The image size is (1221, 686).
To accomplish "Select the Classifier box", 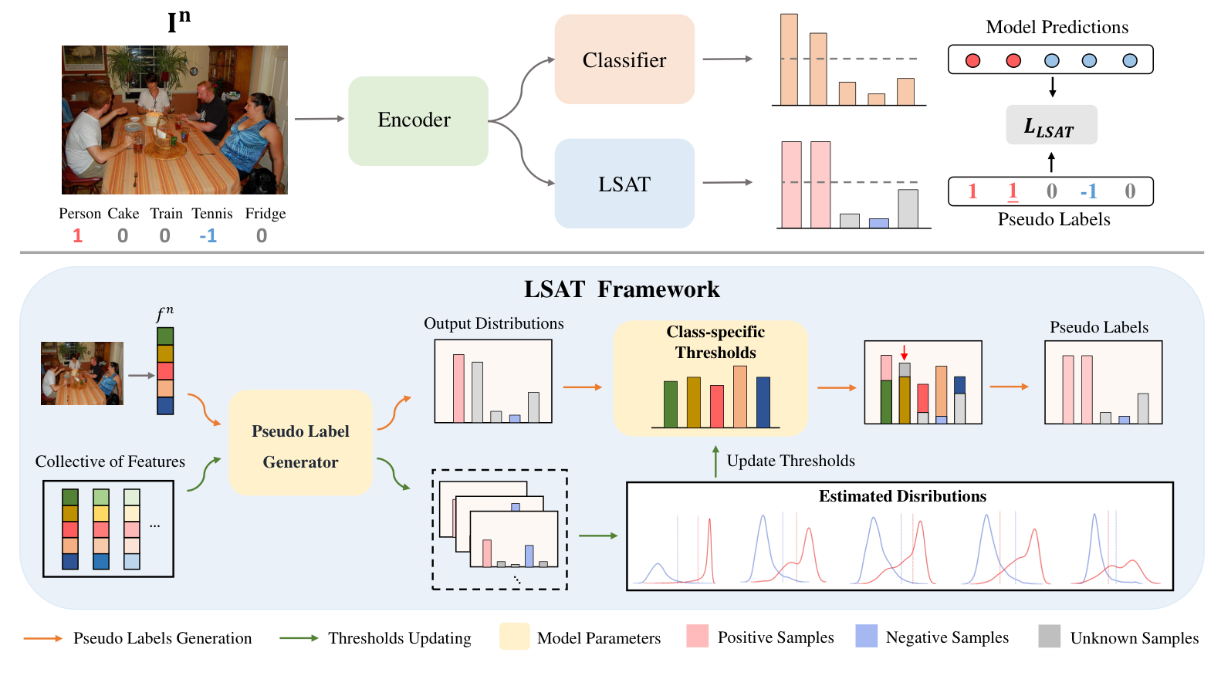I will coord(624,59).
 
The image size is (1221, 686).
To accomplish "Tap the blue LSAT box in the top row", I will coord(624,184).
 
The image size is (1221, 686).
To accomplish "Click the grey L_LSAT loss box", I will coord(1050,125).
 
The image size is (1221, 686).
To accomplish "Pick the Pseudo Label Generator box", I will coord(300,443).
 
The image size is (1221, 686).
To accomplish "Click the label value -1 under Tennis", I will coord(208,235).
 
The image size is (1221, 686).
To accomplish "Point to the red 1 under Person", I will coord(77,235).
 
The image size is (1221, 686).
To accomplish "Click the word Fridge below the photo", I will coord(266,214).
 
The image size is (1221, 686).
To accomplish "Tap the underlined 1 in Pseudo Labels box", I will coord(1013,191).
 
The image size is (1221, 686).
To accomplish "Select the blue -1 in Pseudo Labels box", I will coord(1088,191).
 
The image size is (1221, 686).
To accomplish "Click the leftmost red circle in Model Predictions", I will coord(972,60).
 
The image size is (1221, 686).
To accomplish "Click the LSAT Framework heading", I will coord(621,289).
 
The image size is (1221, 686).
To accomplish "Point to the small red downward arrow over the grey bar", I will coord(905,353).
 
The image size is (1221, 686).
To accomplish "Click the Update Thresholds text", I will coord(790,461).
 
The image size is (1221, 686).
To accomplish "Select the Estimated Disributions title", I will coord(902,496).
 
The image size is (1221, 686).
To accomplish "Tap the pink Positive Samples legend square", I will coord(697,636).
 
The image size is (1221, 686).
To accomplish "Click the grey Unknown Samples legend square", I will coord(1049,636).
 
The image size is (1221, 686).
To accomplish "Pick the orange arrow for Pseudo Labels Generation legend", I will coord(42,638).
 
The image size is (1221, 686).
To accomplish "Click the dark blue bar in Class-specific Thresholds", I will coord(763,401).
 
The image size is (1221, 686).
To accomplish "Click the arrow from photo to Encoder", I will coord(319,119).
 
